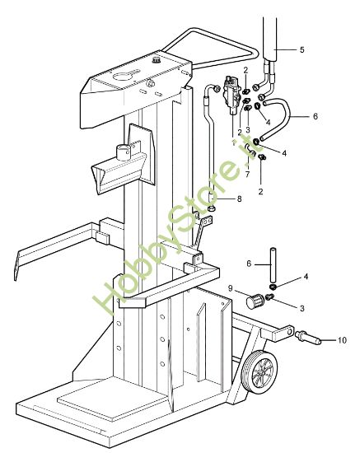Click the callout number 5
click(x=301, y=50)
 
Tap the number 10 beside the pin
click(x=342, y=339)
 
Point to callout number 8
click(x=239, y=198)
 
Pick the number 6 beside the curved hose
click(x=315, y=116)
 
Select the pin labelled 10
click(x=311, y=337)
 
